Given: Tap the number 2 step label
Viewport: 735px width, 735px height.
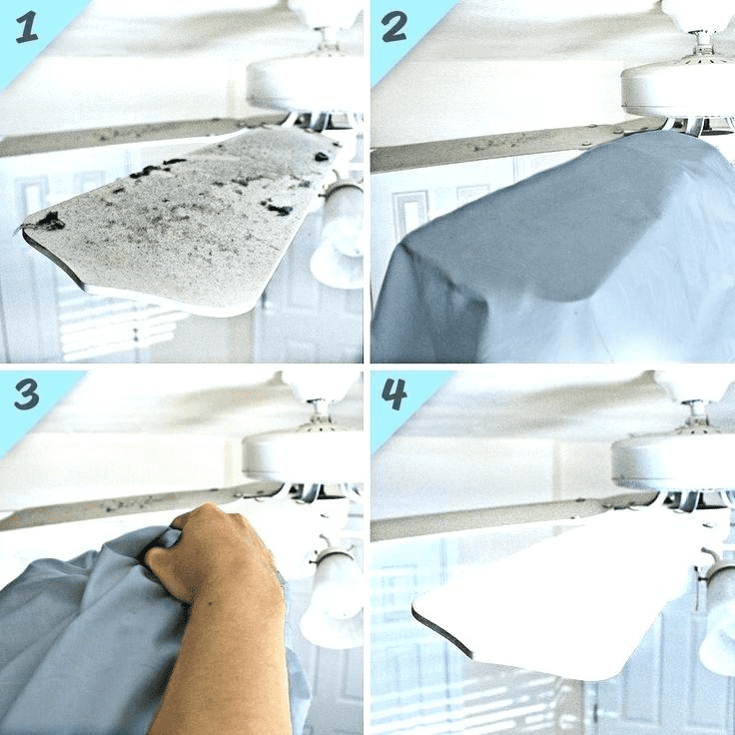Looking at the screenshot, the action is coord(393,26).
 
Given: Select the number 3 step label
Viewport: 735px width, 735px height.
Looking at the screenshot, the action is coord(27,394).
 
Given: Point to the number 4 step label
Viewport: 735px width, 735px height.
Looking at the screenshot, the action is coord(393,393).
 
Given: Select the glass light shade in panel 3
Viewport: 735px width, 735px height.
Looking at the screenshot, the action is coord(332,595).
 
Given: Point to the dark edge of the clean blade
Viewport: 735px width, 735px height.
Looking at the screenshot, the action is coord(440,630).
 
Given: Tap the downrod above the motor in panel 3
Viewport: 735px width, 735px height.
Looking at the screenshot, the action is coord(321,411).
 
